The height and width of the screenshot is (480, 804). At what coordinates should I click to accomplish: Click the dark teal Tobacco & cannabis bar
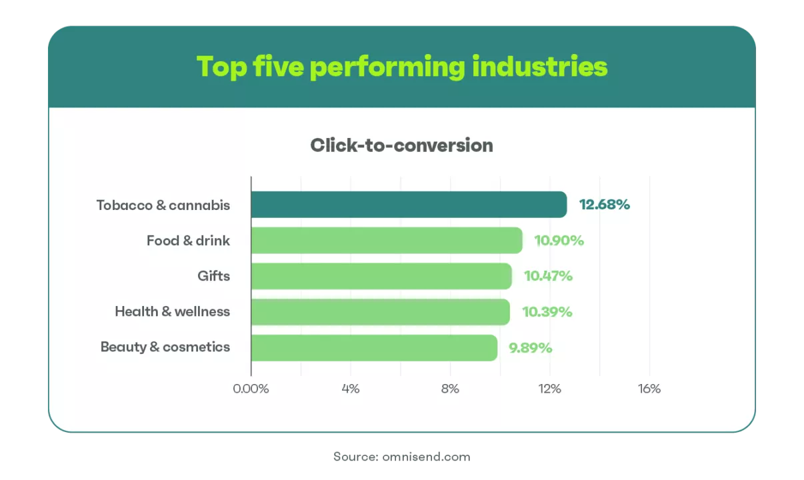409,204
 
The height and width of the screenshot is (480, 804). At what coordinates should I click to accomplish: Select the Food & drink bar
387,240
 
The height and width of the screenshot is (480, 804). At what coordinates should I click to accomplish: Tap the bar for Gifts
381,276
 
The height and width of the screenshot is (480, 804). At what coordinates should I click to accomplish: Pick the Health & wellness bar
381,312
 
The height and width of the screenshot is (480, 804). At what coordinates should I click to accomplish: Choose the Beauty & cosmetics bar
375,348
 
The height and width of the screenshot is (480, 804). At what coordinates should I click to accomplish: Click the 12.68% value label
605,205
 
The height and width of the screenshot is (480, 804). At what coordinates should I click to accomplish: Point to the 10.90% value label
559,241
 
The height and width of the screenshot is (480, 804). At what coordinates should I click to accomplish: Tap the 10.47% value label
548,276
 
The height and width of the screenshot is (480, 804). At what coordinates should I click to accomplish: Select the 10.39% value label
547,312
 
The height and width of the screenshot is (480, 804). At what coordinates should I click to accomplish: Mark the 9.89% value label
530,348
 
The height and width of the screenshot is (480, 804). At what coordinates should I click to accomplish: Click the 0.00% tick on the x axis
251,389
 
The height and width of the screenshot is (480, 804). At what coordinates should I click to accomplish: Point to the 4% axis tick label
351,389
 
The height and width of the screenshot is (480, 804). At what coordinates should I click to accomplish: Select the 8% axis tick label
450,389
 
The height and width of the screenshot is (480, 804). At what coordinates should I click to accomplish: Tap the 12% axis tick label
549,389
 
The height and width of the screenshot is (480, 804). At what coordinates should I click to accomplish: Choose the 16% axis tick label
649,389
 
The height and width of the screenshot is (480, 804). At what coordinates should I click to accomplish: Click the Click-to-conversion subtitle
401,145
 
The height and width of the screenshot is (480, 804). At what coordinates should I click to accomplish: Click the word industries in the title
540,67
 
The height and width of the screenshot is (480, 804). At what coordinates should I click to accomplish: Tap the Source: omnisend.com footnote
401,457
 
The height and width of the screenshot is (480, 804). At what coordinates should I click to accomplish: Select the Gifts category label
213,276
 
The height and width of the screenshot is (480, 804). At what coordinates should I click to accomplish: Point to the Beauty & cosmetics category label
165,347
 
